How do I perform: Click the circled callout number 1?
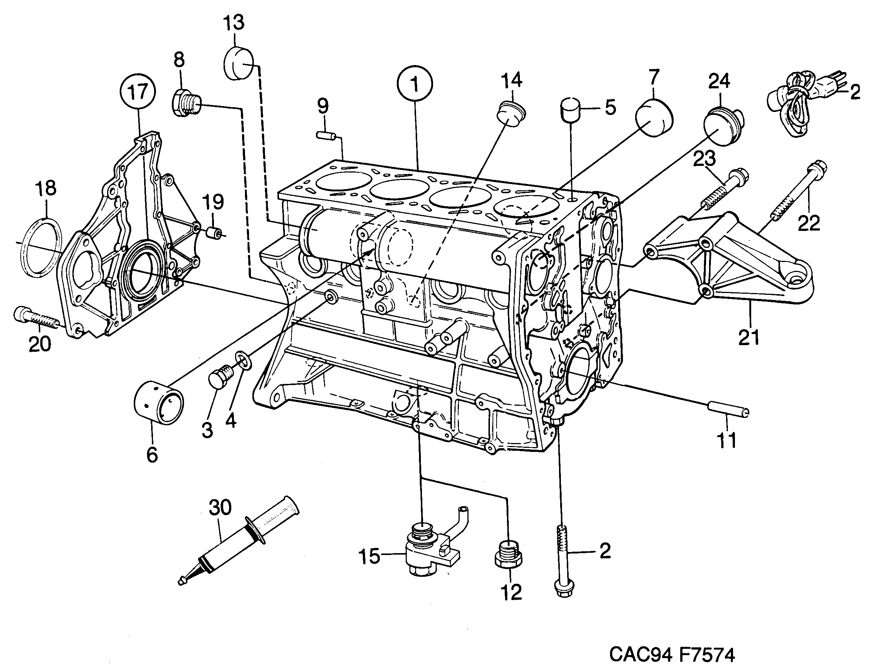[415, 85]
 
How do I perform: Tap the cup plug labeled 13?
[238, 64]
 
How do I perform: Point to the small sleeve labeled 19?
[214, 232]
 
